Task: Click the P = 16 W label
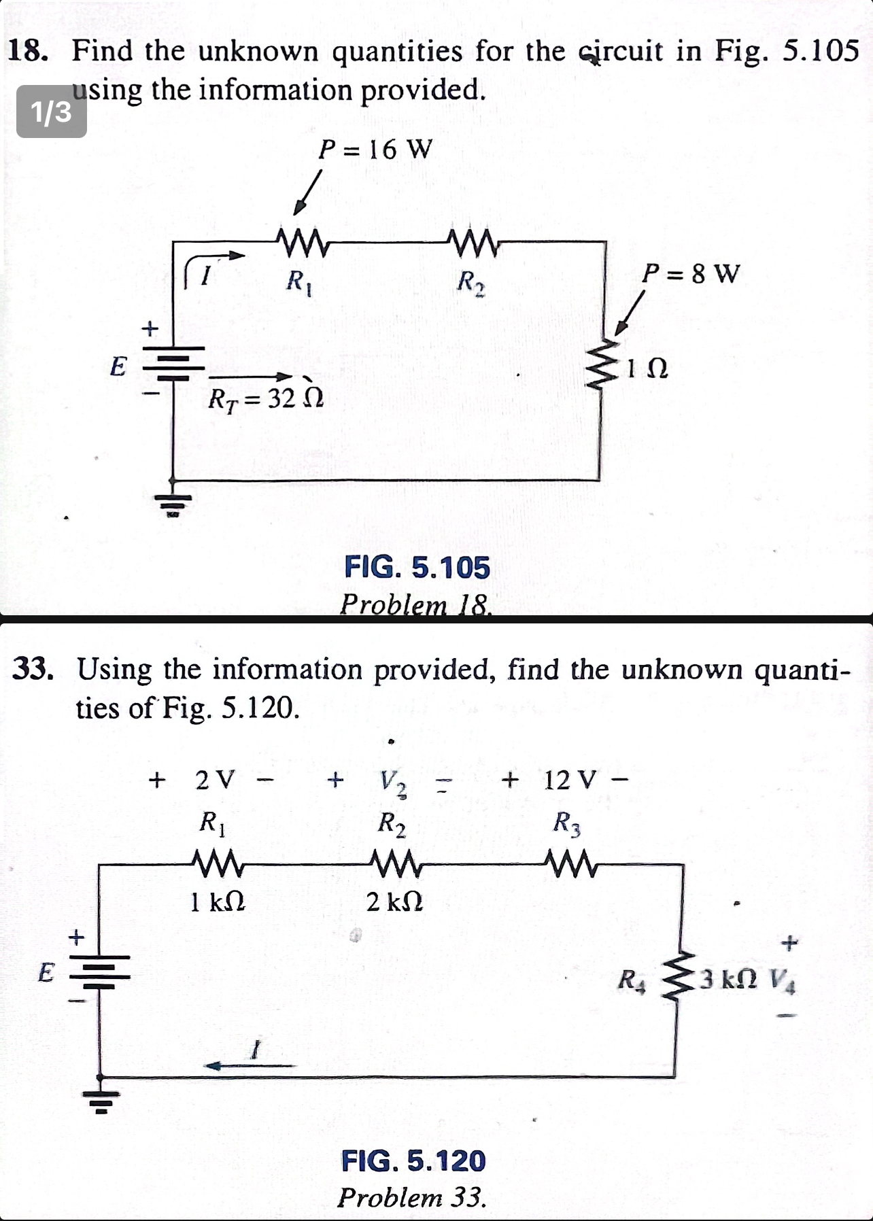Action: coord(375,149)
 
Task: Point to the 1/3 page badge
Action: coord(52,111)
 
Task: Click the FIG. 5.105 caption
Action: coord(417,567)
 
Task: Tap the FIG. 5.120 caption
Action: coord(413,1160)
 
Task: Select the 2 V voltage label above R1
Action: coord(215,779)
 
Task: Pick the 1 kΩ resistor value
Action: coord(218,902)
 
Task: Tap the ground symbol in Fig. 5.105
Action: coord(173,503)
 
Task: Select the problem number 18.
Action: coord(27,52)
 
